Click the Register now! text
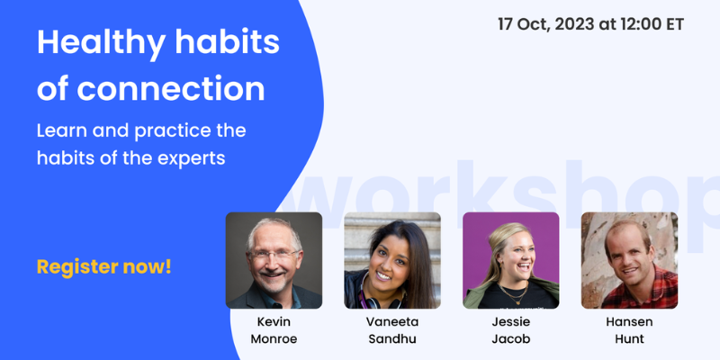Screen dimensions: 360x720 coord(103,266)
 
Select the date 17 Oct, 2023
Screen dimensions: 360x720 coord(548,23)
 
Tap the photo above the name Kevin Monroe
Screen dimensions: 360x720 coord(274,260)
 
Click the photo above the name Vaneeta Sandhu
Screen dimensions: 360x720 coord(391,260)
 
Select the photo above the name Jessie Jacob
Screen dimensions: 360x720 coord(510,260)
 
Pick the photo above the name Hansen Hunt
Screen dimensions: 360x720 coord(629,260)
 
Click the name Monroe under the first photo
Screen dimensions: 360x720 coord(274,338)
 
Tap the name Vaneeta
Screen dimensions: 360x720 coord(392,321)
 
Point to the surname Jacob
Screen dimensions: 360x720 coord(510,338)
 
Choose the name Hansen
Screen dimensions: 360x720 coord(629,321)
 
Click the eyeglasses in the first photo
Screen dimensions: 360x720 coord(273,254)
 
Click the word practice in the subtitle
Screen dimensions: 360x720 coord(170,130)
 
